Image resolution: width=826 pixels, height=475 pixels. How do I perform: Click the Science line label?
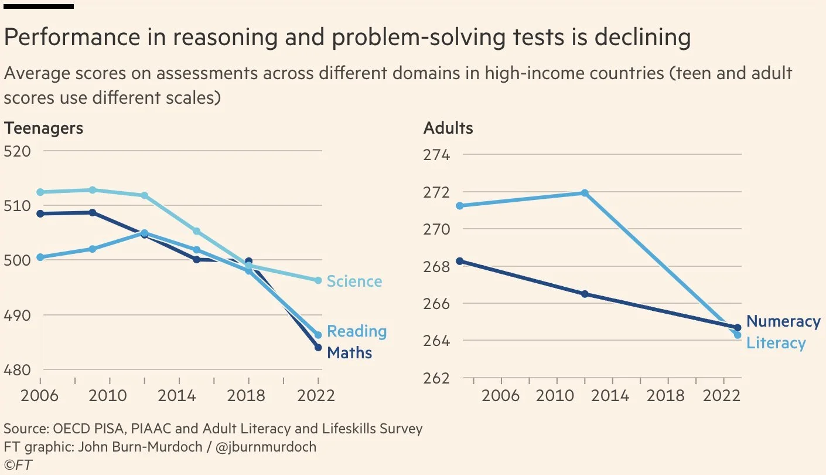point(354,281)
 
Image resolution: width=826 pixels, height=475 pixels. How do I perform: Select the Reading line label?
point(356,331)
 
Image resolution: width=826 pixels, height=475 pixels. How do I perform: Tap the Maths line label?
point(349,352)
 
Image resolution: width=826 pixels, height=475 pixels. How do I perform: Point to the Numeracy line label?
point(783,321)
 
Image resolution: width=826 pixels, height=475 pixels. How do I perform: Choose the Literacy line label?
point(776,343)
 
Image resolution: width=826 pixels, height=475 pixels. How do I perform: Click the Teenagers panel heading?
point(43,128)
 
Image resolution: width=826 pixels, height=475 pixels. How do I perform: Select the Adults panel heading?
point(448,128)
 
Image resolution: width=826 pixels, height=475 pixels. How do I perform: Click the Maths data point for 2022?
point(318,347)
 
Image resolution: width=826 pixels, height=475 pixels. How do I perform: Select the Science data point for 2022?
point(318,280)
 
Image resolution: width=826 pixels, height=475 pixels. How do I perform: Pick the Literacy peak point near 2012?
point(584,193)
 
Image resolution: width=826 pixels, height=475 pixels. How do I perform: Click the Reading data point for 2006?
point(40,257)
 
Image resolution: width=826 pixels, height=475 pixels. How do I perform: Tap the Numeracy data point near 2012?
point(584,294)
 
